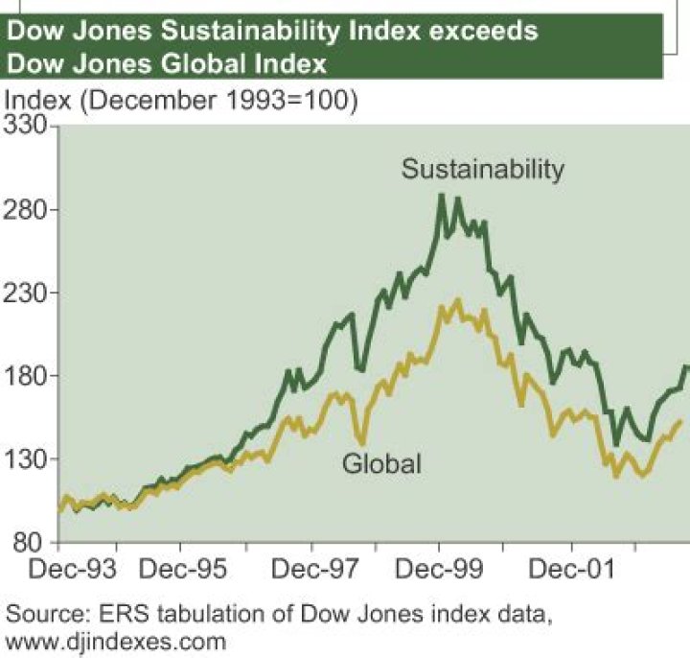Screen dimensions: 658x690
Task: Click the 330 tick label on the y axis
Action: click(x=29, y=127)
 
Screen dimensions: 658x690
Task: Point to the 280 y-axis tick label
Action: click(x=29, y=210)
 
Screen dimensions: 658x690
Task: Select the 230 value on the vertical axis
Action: click(x=29, y=293)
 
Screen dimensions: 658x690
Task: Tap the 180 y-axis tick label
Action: click(x=29, y=376)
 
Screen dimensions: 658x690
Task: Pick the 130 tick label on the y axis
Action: click(x=29, y=459)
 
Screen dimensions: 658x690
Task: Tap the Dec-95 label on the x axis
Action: click(x=185, y=570)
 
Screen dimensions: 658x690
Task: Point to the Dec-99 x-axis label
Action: click(x=441, y=570)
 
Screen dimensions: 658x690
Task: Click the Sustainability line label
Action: click(x=483, y=170)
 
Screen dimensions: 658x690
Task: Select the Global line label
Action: click(x=381, y=465)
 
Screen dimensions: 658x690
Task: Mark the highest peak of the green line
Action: click(x=441, y=196)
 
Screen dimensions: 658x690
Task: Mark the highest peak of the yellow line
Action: click(x=458, y=301)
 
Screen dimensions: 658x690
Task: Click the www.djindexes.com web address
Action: click(x=116, y=639)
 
